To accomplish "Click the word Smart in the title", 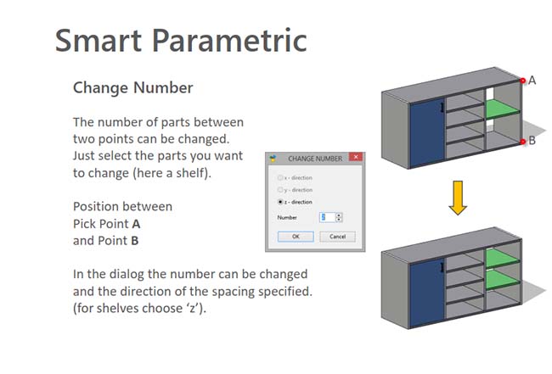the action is [99, 41].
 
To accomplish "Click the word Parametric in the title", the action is [229, 41].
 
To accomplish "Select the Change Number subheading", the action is [133, 88].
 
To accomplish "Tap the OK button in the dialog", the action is [296, 237].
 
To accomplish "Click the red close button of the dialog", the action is [356, 157].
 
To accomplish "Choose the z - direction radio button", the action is [280, 202].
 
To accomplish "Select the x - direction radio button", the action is [280, 177].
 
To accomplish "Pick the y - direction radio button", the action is [280, 190].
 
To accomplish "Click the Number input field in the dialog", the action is [327, 218].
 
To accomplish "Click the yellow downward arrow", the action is [458, 198].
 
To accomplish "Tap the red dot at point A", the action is [523, 81].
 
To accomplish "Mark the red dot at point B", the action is [523, 142].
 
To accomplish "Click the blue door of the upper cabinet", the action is [427, 133].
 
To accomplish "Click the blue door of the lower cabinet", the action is [427, 293].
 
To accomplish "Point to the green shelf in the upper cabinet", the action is [503, 109].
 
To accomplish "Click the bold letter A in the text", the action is [136, 224].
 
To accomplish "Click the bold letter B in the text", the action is [135, 241].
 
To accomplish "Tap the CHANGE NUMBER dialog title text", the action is [315, 159].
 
